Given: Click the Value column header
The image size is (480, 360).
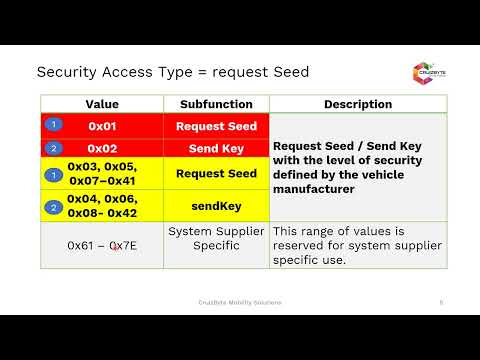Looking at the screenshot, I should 102,104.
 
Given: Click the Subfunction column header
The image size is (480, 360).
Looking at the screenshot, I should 216,104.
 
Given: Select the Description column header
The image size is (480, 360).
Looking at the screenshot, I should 357,104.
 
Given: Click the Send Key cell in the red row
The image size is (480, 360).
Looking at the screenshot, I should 216,147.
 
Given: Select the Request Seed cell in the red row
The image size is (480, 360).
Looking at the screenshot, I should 216,126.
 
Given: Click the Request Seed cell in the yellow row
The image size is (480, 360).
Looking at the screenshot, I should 216,173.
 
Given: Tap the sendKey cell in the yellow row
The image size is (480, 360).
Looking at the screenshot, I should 216,206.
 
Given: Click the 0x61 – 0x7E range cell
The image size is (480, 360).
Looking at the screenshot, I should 102,245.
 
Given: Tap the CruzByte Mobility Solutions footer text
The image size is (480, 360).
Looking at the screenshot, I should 239,302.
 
